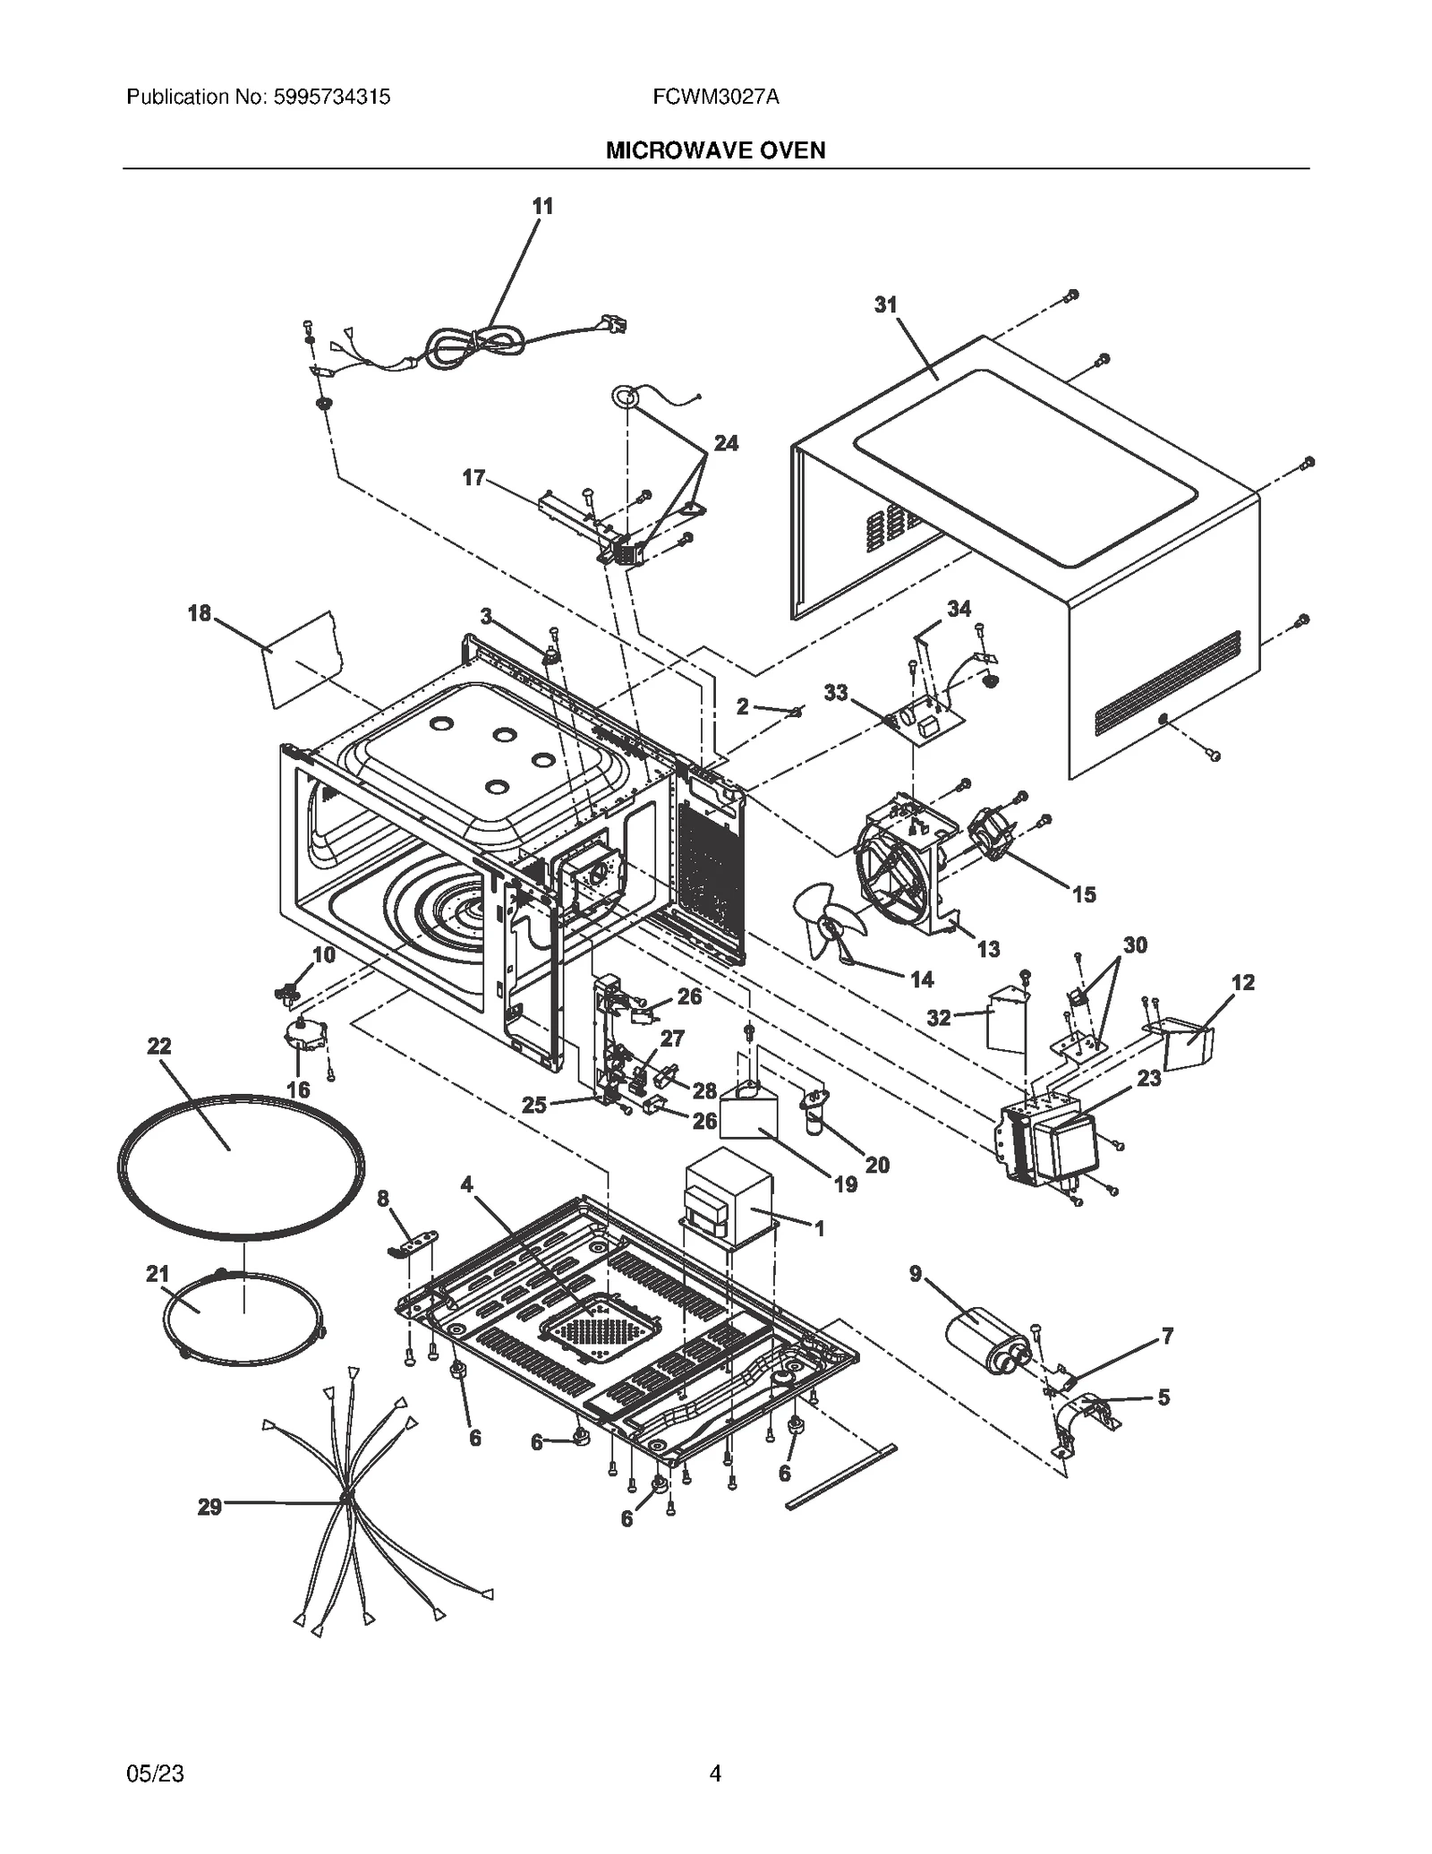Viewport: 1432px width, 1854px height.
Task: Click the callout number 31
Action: tap(885, 305)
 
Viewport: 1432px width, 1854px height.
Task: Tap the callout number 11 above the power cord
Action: tap(542, 207)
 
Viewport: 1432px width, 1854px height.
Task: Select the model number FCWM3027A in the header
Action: tap(715, 97)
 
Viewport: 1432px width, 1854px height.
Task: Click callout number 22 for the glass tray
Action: tap(158, 1046)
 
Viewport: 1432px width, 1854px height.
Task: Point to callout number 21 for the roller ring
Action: tap(158, 1273)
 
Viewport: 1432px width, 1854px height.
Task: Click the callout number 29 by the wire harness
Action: tap(209, 1507)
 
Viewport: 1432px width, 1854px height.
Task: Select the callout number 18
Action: tap(199, 613)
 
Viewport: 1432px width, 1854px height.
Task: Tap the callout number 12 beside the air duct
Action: tap(1242, 983)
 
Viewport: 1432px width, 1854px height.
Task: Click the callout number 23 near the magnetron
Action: tap(1148, 1078)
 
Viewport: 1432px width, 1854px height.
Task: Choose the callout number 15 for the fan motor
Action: tap(1083, 894)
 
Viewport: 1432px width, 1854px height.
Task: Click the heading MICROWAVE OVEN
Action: tap(715, 150)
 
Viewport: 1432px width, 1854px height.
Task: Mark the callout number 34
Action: tap(959, 609)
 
